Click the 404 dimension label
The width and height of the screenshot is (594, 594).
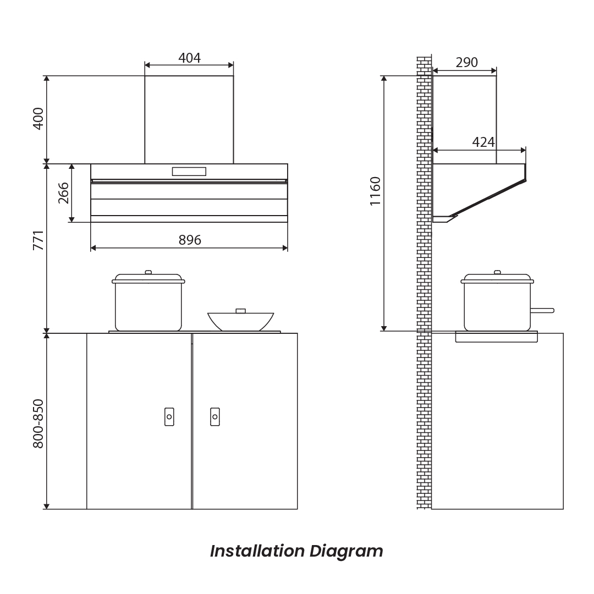coord(189,58)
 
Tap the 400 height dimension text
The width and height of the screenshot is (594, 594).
coord(38,119)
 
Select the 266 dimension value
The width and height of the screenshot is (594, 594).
coord(64,193)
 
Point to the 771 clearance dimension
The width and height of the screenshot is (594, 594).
coord(38,240)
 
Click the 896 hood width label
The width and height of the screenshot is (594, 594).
coord(190,240)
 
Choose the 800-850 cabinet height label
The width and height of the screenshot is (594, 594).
coord(38,424)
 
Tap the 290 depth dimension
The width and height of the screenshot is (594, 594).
coord(467,63)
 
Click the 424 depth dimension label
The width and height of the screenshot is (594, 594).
coord(483,142)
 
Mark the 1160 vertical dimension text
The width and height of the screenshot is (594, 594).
coord(375,191)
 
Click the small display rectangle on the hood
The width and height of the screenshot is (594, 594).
coord(189,172)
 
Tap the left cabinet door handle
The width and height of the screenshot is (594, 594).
coord(169,417)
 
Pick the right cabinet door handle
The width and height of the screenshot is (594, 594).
coord(215,417)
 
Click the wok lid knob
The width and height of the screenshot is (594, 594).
coord(240,311)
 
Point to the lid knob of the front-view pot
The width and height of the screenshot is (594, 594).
coord(148,272)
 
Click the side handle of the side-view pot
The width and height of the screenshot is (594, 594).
coord(542,311)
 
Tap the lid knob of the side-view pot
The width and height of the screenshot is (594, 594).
coord(497,272)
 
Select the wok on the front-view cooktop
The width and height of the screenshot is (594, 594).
coord(240,321)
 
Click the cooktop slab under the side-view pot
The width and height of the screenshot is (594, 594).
coord(496,337)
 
